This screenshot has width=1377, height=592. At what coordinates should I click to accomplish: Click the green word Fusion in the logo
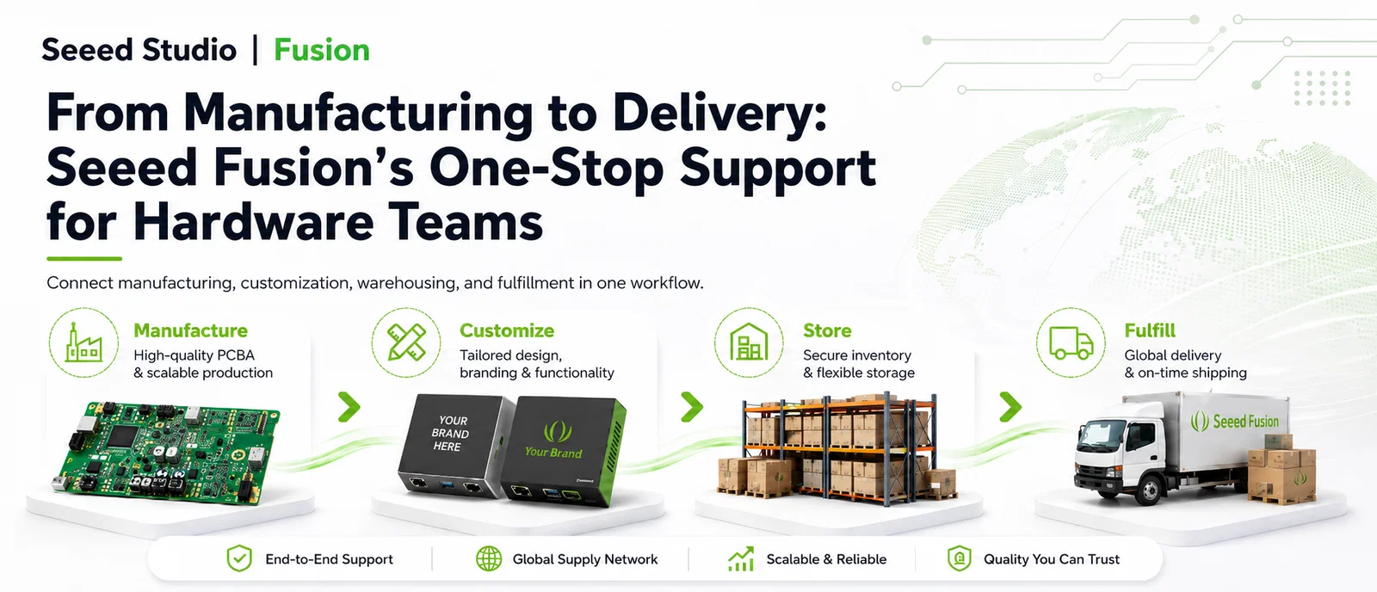coord(322,50)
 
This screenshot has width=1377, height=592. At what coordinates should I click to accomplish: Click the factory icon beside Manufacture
coord(83,342)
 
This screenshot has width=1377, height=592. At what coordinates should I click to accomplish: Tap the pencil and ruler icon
coord(406,342)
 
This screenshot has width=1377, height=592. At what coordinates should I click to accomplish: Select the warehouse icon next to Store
coord(749,342)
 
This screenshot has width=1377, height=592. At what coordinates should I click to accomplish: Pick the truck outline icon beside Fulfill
coord(1071,342)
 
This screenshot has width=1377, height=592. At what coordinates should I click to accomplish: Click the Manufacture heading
coord(190,330)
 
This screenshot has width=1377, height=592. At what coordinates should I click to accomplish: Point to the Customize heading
coord(507,330)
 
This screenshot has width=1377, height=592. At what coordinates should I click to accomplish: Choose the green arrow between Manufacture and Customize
coord(349,407)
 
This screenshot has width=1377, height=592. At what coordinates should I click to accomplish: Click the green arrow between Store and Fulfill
coord(1010,407)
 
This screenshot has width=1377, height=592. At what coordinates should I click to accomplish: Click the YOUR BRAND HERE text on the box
coord(450,434)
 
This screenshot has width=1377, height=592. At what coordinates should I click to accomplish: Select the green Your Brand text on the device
coord(553,453)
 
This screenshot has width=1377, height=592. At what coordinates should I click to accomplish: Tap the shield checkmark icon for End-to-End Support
coord(239,558)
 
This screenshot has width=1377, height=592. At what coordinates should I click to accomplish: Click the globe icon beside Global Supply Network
coord(489,558)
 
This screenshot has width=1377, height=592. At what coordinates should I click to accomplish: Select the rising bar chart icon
coord(741,558)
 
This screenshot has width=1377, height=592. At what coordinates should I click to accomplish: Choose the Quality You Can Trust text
coord(1051,559)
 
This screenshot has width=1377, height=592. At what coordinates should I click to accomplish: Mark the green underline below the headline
coord(84,259)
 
